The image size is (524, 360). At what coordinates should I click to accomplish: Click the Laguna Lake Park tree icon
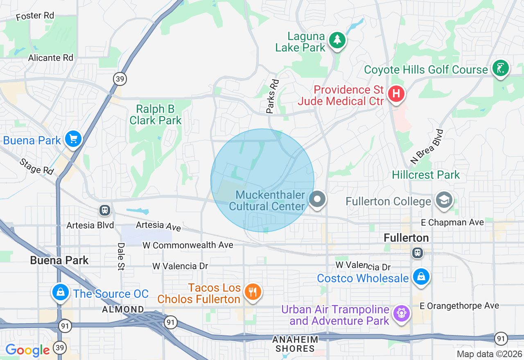pyautogui.click(x=337, y=40)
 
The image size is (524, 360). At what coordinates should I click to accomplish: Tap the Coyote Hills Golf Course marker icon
pyautogui.click(x=500, y=68)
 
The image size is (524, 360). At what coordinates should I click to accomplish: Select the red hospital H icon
pyautogui.click(x=395, y=94)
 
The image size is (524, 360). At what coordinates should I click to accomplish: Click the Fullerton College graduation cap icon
pyautogui.click(x=444, y=200)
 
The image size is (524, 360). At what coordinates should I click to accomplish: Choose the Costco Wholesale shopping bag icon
pyautogui.click(x=421, y=277)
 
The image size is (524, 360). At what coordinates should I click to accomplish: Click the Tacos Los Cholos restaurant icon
pyautogui.click(x=252, y=292)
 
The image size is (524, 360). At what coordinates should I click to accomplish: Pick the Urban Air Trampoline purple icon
pyautogui.click(x=402, y=313)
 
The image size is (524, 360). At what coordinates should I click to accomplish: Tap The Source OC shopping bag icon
pyautogui.click(x=61, y=292)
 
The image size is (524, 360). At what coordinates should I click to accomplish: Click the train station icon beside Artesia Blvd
pyautogui.click(x=105, y=210)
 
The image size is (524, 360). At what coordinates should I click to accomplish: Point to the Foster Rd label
pyautogui.click(x=35, y=16)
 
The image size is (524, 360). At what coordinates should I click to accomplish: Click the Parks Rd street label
pyautogui.click(x=272, y=96)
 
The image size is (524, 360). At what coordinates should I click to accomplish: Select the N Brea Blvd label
pyautogui.click(x=427, y=146)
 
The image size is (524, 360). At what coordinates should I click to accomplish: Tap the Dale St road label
pyautogui.click(x=121, y=256)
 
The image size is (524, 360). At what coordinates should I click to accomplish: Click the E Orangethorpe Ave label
pyautogui.click(x=460, y=306)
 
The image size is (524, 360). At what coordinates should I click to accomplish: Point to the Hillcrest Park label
pyautogui.click(x=426, y=175)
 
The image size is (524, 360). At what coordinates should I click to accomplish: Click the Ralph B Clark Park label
pyautogui.click(x=156, y=115)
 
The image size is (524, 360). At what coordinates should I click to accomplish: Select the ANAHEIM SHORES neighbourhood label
pyautogui.click(x=295, y=344)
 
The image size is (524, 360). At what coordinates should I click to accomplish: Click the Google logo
pyautogui.click(x=27, y=350)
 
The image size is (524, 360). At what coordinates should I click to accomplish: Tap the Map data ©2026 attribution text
pyautogui.click(x=489, y=354)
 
